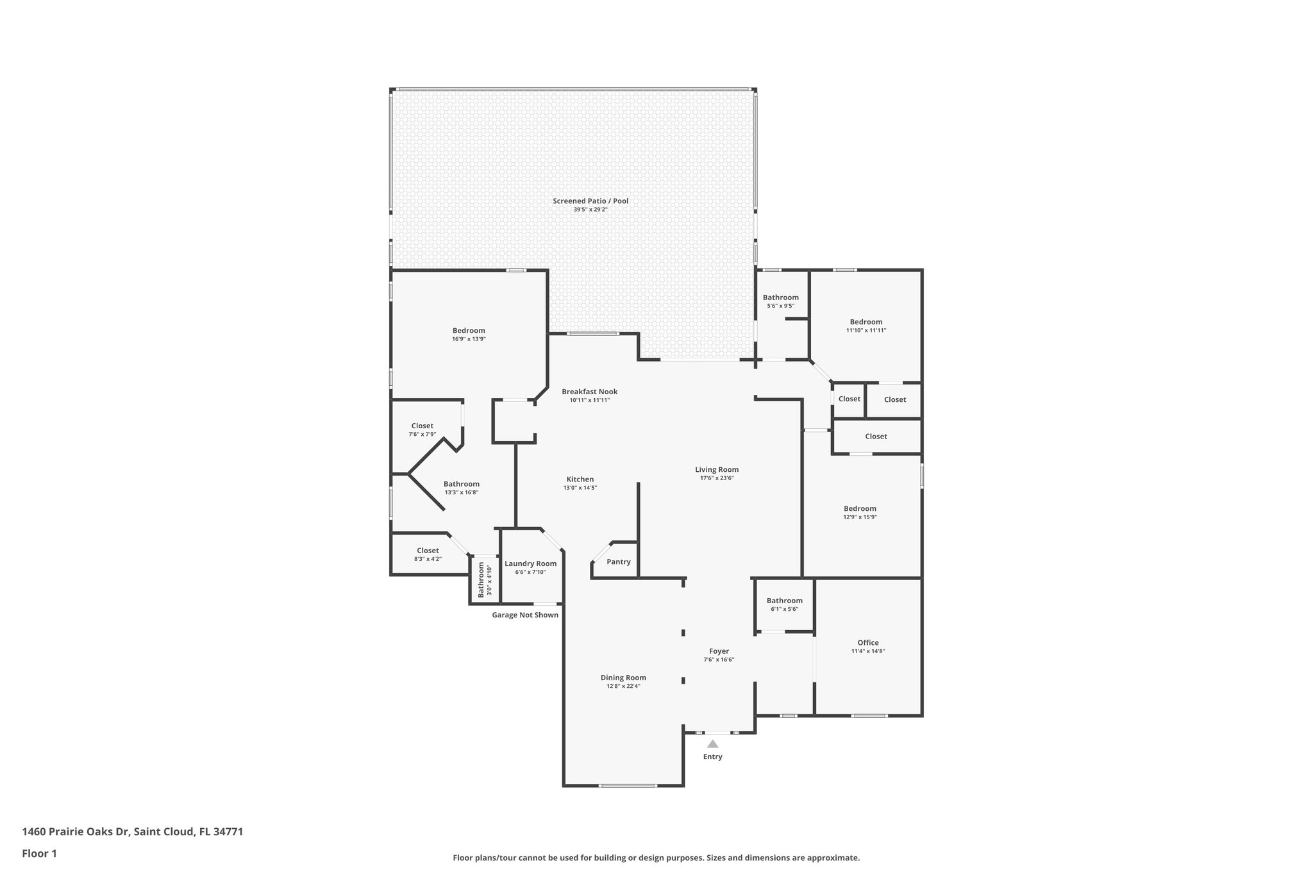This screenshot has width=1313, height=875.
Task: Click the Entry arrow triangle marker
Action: click(712, 744)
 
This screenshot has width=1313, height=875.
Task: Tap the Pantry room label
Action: click(618, 562)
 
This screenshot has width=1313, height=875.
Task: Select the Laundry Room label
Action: click(530, 564)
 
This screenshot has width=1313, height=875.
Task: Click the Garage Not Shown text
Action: click(524, 615)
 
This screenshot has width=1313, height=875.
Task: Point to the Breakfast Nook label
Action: click(589, 392)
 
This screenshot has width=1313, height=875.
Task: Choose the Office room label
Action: click(868, 643)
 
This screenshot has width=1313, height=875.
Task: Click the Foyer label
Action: click(719, 651)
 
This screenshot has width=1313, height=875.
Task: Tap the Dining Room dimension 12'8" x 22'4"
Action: click(623, 687)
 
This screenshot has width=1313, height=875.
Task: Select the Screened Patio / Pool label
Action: click(590, 201)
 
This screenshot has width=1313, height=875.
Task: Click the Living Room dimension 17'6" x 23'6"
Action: click(717, 478)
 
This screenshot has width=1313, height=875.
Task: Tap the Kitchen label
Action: click(580, 479)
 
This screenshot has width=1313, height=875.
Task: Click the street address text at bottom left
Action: click(133, 832)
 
